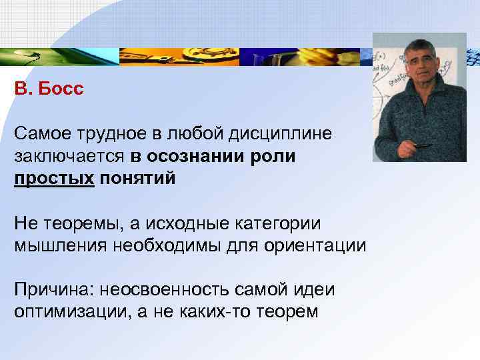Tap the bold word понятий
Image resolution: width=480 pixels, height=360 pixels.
pyautogui.click(x=138, y=178)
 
